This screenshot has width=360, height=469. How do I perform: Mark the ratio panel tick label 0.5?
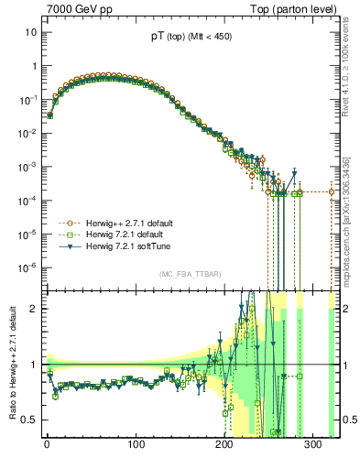coord(30,420)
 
